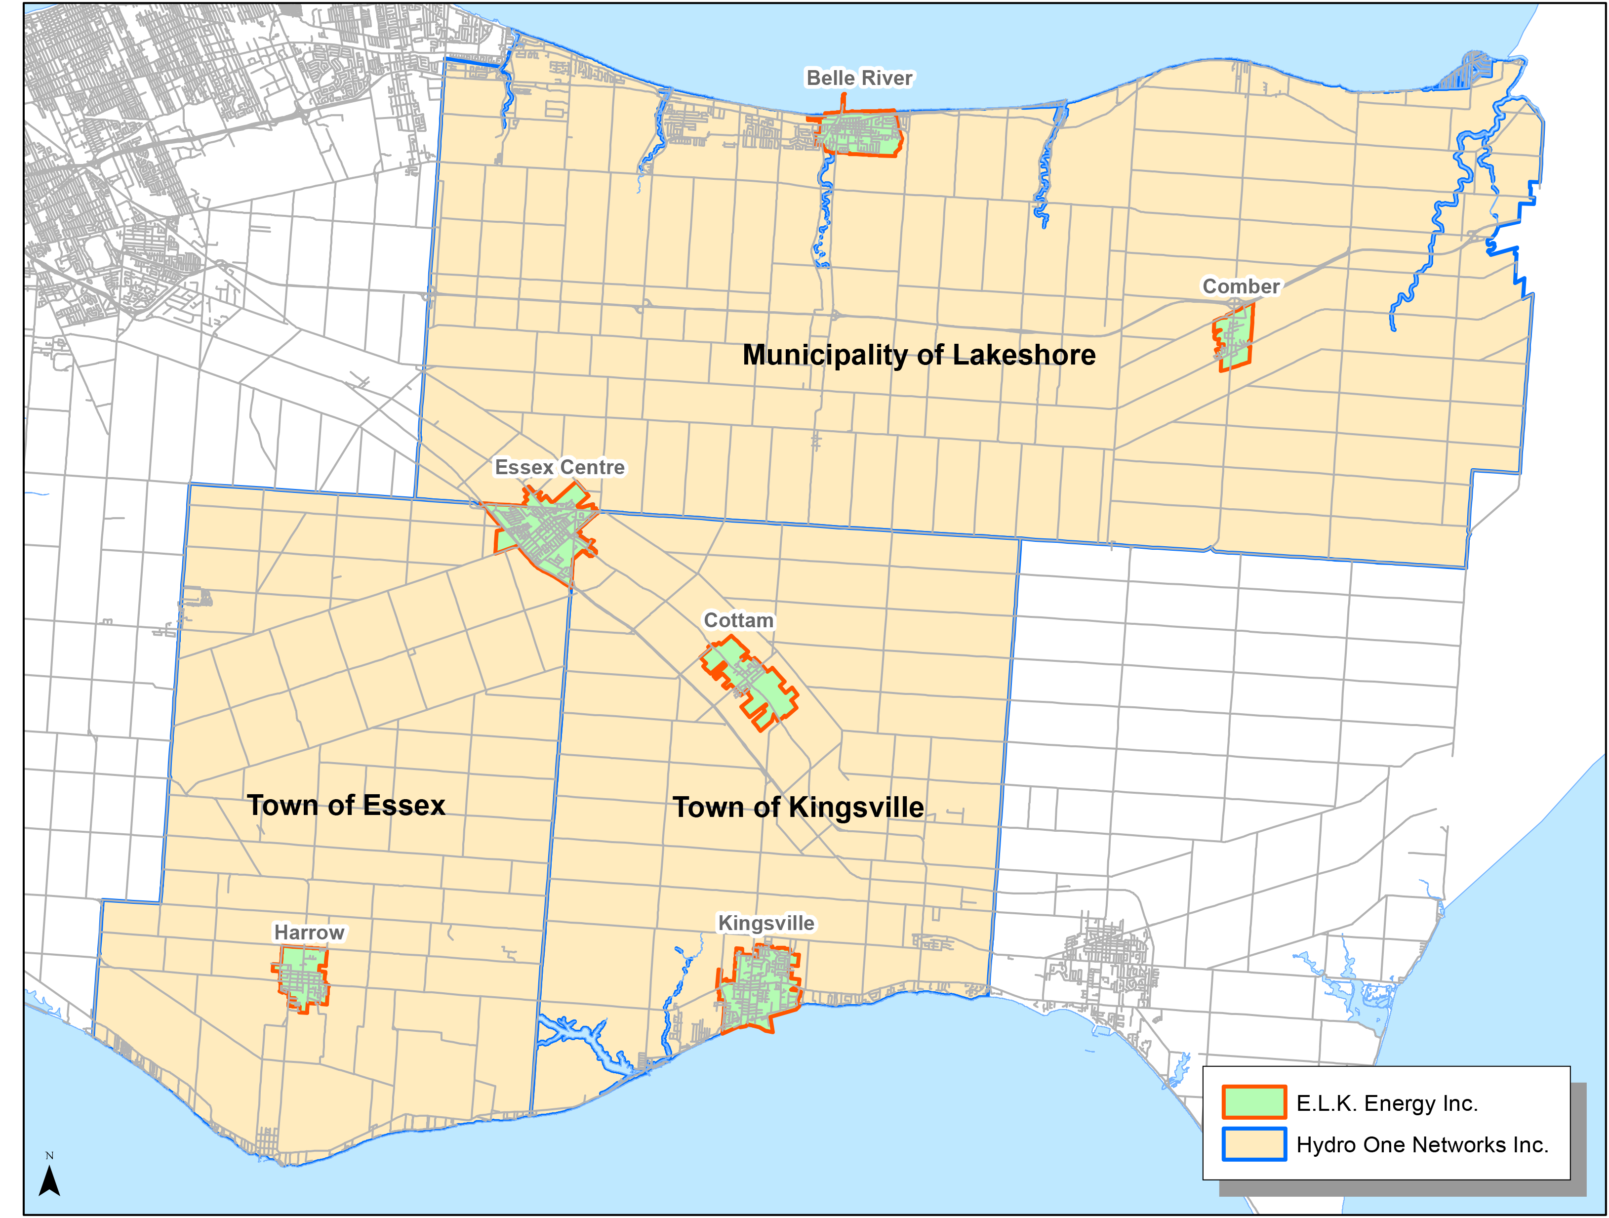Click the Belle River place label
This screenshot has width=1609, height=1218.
[859, 78]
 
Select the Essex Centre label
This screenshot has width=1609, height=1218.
[560, 467]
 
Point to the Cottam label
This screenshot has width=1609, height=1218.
[738, 621]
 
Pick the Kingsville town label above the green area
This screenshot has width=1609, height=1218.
[766, 923]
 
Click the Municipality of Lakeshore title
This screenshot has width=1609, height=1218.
[919, 355]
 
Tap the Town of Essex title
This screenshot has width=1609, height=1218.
[346, 806]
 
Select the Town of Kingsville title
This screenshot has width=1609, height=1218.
[798, 808]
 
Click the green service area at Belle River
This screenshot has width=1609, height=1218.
[862, 133]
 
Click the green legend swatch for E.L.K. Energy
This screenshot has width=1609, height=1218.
[1254, 1102]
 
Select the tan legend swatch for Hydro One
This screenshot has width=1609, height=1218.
[1254, 1144]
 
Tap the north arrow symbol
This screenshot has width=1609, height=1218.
[49, 1181]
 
